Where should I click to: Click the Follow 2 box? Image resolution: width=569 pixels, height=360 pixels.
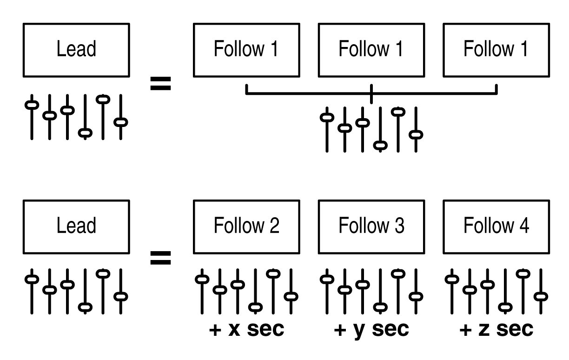pos(246,227)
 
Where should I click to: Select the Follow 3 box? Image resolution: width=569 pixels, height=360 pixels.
pos(371,227)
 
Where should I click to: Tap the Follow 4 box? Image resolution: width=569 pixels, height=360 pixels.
pos(496,227)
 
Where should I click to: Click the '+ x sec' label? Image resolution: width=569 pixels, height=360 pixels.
pos(246,329)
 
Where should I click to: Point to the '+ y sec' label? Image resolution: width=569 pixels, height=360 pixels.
pos(371,329)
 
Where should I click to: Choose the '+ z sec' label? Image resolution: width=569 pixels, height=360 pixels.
pos(496,329)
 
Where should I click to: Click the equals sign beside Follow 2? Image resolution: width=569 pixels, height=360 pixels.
pos(160,257)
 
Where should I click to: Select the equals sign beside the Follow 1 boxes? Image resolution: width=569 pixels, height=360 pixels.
pos(160,84)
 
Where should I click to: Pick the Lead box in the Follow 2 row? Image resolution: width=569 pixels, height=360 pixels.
pos(76,227)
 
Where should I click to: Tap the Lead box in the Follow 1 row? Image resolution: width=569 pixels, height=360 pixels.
pos(76,50)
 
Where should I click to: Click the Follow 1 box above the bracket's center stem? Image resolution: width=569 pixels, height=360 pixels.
pos(371,50)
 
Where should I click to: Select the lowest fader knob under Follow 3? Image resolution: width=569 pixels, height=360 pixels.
pos(380,307)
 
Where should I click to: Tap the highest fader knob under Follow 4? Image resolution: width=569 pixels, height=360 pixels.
pos(523,273)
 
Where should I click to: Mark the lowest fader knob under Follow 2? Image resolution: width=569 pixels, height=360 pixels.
pos(255,307)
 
